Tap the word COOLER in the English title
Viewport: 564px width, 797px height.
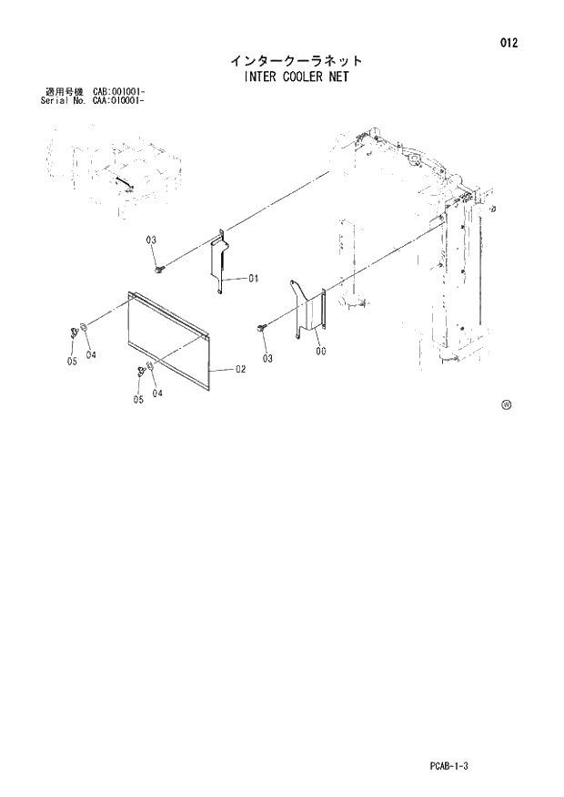coord(290,77)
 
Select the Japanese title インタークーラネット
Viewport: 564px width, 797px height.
coord(296,61)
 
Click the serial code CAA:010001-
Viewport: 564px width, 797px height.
coord(118,99)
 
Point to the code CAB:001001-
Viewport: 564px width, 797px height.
coord(118,91)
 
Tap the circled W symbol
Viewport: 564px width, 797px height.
coord(507,405)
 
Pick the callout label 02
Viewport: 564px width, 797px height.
coord(241,369)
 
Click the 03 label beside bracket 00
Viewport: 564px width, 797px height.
coord(267,358)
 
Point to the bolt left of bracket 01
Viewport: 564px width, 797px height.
coord(160,267)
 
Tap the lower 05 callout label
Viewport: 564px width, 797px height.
coord(138,399)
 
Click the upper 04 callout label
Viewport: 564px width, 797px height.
coord(91,355)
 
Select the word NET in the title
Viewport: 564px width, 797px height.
coord(336,77)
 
